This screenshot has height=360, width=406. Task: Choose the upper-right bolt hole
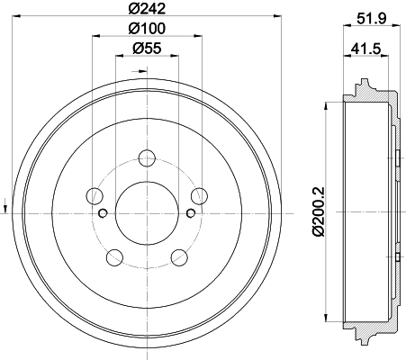pos(197,195)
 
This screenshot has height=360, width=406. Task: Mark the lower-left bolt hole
pos(113,258)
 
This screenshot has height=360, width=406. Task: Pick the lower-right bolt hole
pos(177,258)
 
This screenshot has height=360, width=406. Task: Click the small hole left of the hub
pos(102,213)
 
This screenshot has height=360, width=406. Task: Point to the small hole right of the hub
pos(189,213)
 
